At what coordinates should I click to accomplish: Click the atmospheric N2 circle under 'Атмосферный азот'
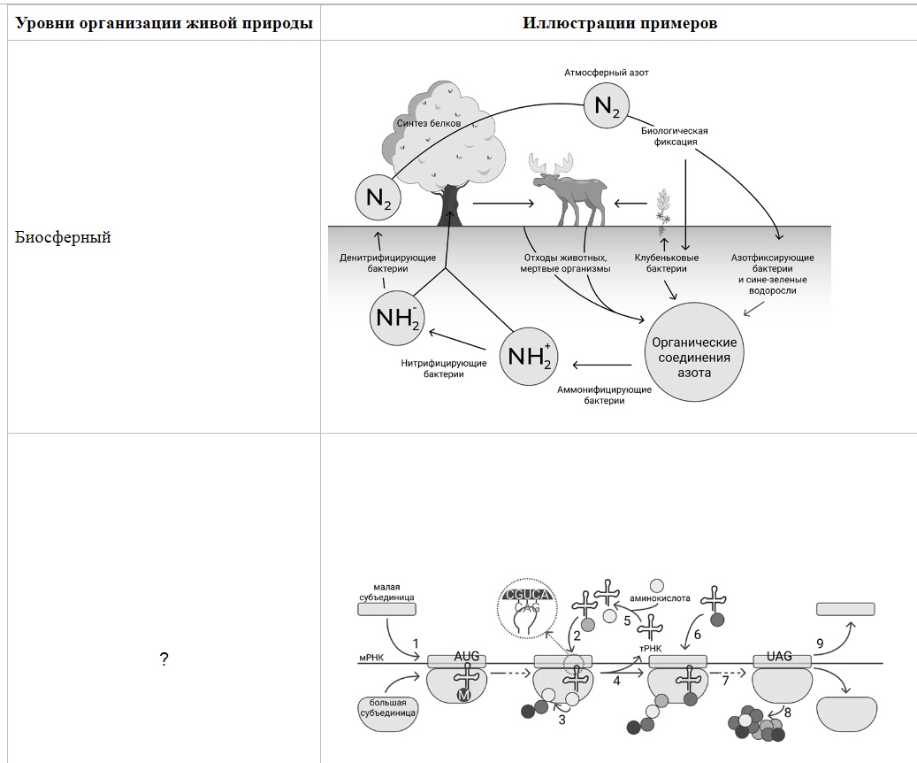[x=607, y=106]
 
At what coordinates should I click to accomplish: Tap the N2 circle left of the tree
[x=378, y=198]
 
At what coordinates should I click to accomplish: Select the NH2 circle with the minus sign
[x=397, y=318]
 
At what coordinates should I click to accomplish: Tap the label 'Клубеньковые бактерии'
[x=666, y=263]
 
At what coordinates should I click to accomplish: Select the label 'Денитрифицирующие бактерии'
[x=387, y=263]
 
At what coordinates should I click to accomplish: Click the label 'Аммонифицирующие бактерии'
[x=604, y=396]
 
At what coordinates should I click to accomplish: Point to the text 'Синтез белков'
[x=429, y=123]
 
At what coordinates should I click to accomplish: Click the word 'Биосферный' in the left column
[x=63, y=237]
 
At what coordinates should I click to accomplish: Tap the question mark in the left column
[x=164, y=660]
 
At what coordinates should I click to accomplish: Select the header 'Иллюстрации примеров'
[x=619, y=23]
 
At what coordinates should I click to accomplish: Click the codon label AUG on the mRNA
[x=467, y=657]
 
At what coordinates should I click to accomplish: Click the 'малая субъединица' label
[x=386, y=592]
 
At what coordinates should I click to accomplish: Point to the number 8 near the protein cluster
[x=787, y=713]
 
